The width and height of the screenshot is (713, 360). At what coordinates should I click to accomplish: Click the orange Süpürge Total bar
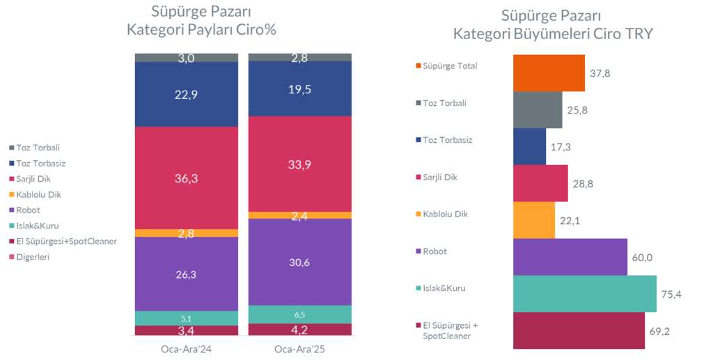548,73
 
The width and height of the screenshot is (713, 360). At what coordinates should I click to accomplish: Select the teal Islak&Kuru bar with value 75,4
584,293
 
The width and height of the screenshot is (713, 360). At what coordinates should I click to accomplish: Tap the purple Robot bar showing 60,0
570,256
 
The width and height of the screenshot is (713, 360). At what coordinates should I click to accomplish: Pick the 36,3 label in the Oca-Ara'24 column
187,178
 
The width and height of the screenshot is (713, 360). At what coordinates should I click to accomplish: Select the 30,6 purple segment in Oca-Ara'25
300,262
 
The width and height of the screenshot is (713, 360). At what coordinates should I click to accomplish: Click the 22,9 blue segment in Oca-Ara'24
187,95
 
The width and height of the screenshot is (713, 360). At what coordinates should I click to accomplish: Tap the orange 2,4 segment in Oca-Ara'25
300,215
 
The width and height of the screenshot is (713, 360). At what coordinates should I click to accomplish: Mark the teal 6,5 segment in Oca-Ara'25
300,314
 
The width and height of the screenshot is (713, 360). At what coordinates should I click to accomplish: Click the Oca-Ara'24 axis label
186,348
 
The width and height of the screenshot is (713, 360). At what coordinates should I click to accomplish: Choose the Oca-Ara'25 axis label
300,348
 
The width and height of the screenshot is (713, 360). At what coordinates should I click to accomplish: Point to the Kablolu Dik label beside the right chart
445,214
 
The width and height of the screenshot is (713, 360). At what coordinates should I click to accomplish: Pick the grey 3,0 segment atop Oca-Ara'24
187,58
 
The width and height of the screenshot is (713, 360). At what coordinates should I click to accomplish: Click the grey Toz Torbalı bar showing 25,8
537,110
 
